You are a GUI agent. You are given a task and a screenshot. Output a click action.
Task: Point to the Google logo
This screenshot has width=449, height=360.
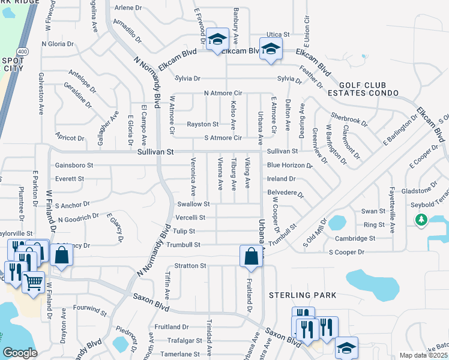pos(20,353)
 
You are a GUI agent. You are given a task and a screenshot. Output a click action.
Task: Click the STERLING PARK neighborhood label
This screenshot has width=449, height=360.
pos(303,295)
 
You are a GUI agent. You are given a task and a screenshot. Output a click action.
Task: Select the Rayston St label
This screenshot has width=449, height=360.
pos(202,124)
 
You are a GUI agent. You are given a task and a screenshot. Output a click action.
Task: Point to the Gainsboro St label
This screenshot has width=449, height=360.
pos(74,165)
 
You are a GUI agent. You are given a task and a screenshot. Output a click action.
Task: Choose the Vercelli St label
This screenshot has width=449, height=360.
pos(191,217)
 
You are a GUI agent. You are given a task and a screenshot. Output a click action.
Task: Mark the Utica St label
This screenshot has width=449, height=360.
pos(278,35)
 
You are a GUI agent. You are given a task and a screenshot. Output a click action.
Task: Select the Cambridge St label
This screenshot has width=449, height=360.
pos(355,238)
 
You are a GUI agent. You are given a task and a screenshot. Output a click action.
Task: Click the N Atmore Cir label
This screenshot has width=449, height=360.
pos(223,93)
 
